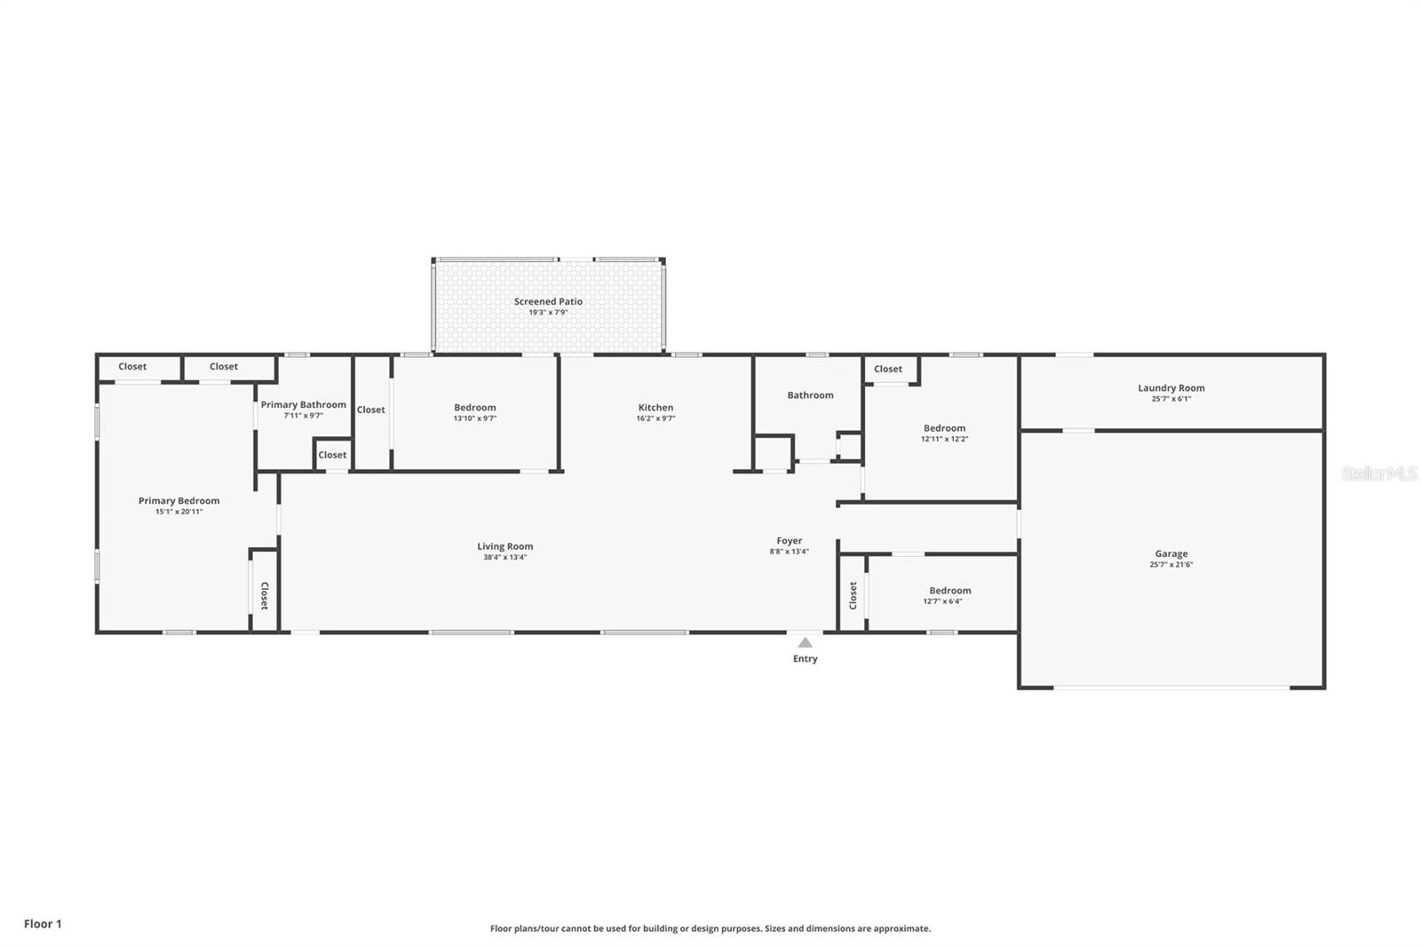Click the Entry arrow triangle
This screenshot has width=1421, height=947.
click(805, 642)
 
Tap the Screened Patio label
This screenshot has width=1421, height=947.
click(548, 301)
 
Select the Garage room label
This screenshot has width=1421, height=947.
click(1171, 553)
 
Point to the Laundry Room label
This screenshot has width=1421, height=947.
click(1171, 388)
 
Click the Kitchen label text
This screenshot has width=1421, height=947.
click(655, 408)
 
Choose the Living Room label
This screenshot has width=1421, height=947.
click(505, 546)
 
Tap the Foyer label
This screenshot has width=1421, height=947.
click(790, 541)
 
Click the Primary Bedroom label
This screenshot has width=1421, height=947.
click(179, 501)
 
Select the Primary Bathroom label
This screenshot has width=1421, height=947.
click(303, 405)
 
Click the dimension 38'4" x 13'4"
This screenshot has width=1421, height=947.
click(505, 557)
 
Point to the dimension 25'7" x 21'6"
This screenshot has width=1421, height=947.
click(1171, 564)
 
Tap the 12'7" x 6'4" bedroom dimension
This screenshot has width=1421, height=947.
click(942, 601)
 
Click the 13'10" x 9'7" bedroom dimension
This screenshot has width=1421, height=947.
click(474, 418)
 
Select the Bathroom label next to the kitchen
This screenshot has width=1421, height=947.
click(810, 394)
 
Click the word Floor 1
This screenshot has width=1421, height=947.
click(43, 924)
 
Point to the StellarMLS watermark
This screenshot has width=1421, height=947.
click(1379, 473)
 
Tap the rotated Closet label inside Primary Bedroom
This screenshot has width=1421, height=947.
click(265, 596)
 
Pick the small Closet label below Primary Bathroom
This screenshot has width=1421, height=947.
click(332, 455)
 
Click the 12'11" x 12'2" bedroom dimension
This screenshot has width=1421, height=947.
click(945, 439)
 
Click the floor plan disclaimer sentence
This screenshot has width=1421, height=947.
click(710, 928)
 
